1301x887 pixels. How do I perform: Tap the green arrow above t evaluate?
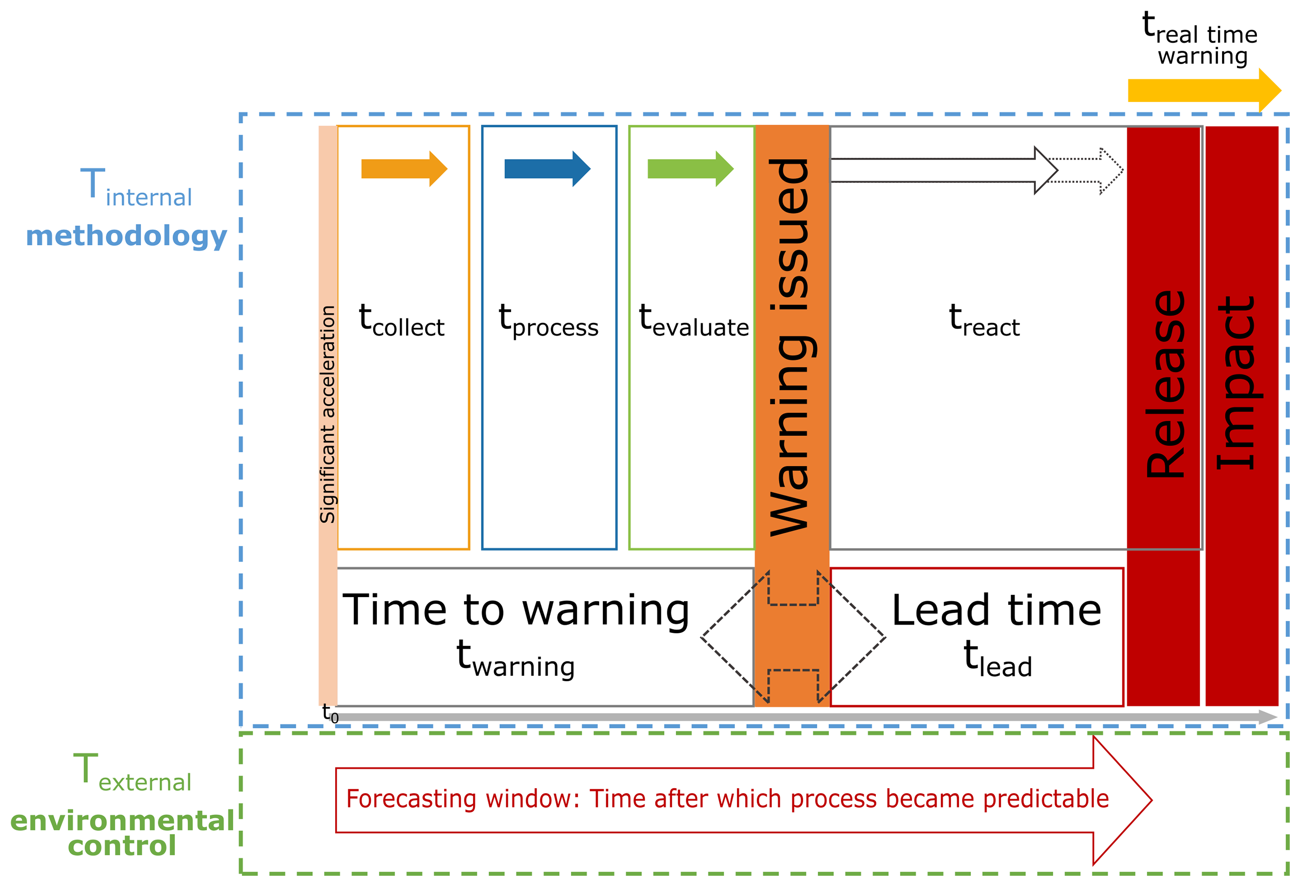690,168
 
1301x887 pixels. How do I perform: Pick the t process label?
548,322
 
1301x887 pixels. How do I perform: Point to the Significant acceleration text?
328,414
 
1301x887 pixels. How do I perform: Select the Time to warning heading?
516,610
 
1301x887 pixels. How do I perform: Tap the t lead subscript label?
997,659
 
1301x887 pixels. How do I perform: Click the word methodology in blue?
127,236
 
